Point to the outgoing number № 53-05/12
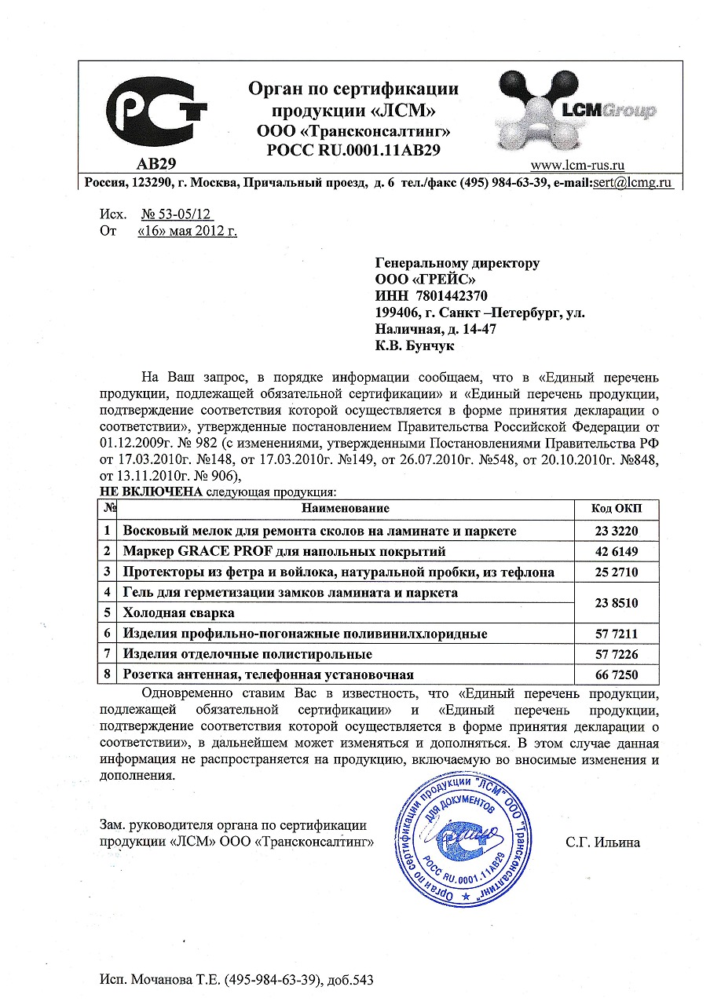coord(177,214)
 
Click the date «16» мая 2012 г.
coord(187,231)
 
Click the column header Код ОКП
coord(617,510)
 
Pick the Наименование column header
coord(345,510)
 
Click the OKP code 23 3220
coord(617,531)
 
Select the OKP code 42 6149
coord(617,551)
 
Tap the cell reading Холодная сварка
coord(179,612)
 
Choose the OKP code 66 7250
coord(617,674)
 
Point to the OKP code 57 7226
coord(617,654)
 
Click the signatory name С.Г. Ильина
coord(602,842)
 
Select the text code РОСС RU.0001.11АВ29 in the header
coord(353,147)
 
